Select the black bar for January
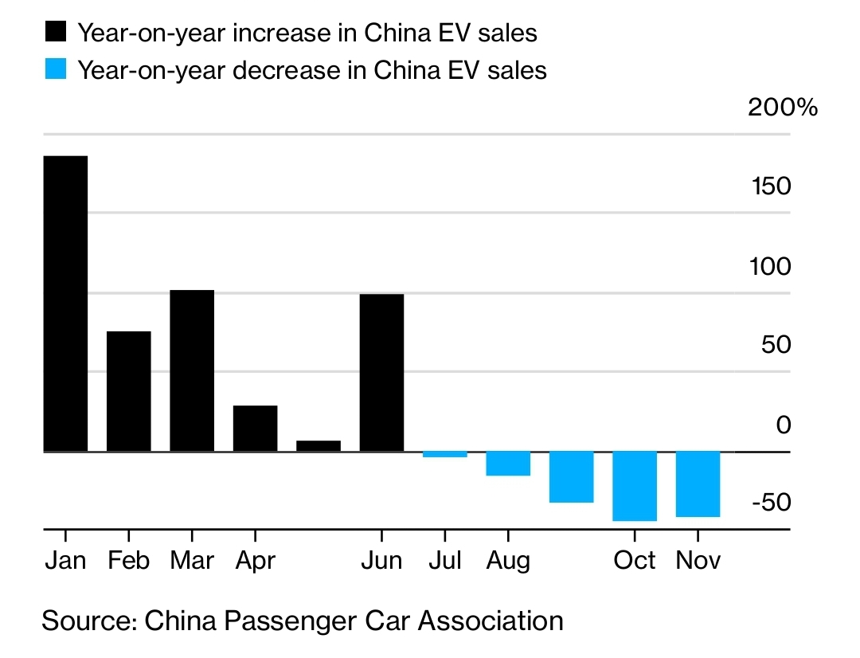[65, 304]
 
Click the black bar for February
[129, 391]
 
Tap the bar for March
[192, 370]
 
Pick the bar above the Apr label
[255, 429]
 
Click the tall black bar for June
[381, 373]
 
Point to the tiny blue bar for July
[444, 454]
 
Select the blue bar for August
[508, 464]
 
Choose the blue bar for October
[635, 486]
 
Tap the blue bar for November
[698, 484]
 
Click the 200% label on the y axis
[782, 108]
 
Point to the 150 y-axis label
[770, 186]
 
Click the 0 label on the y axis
[784, 425]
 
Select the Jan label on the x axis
[65, 560]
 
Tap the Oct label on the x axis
[635, 560]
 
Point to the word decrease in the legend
[287, 70]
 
